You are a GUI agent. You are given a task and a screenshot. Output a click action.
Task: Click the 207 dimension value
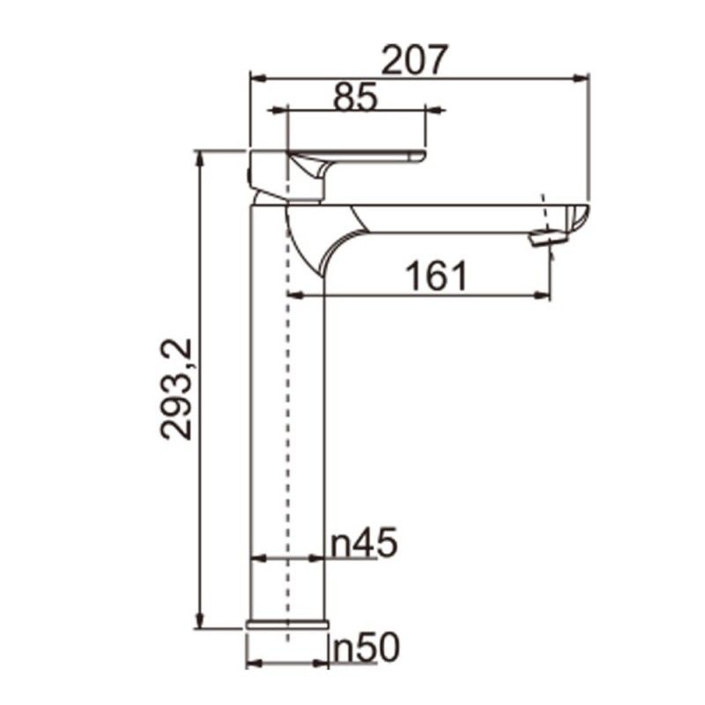click(x=415, y=60)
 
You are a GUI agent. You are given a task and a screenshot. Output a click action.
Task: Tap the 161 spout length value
click(x=437, y=277)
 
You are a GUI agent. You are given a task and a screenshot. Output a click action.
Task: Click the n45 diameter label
click(x=364, y=544)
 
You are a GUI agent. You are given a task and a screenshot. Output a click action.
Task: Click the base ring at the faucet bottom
click(x=287, y=624)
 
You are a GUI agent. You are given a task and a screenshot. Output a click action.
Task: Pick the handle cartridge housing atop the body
click(x=282, y=176)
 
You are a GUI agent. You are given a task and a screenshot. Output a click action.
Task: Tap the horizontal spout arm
click(x=449, y=219)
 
